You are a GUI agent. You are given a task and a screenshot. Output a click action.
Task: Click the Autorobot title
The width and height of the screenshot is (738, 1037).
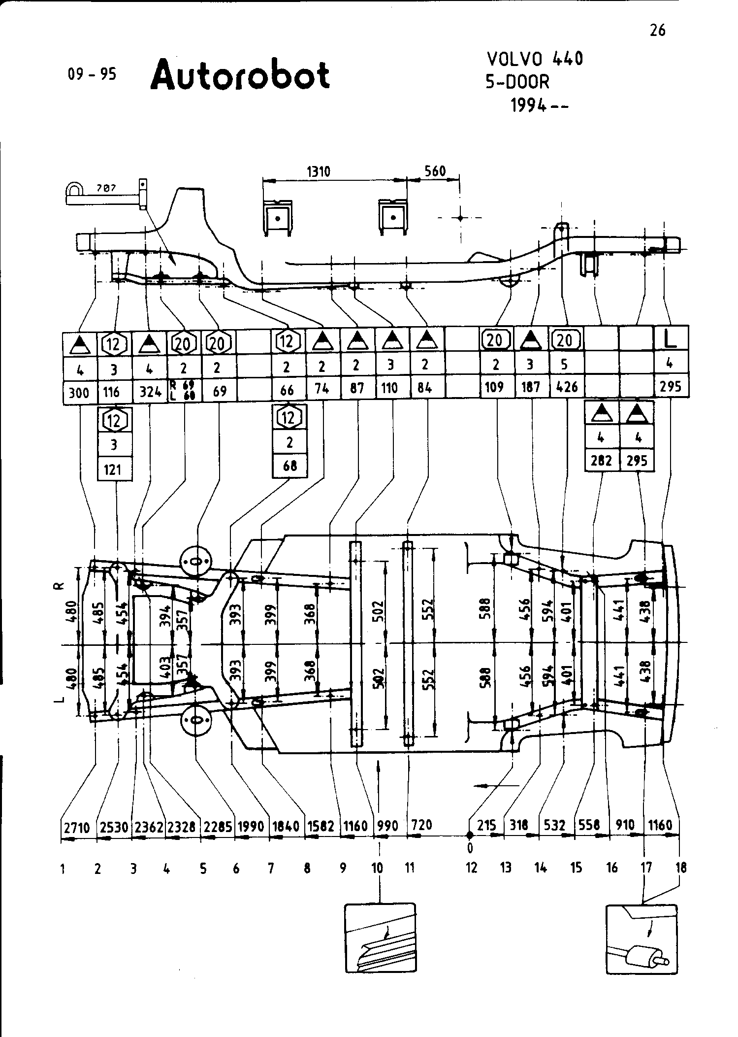coord(240,75)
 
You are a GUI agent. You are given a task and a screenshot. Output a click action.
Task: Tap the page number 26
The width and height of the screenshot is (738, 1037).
coord(657,31)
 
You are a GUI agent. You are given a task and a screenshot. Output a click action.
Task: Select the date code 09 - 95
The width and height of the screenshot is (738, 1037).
coord(92,74)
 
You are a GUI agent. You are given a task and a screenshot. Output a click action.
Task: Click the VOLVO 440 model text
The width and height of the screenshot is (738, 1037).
coord(535,59)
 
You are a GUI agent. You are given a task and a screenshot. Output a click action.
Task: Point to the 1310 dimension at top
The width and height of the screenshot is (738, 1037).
coord(319,171)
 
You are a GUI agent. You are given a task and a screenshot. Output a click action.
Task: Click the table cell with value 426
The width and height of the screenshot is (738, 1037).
coord(566,387)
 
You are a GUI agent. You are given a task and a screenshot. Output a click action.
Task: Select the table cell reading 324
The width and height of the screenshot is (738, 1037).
coord(150,392)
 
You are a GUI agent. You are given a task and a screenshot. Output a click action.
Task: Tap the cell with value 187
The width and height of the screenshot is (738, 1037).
coord(531,387)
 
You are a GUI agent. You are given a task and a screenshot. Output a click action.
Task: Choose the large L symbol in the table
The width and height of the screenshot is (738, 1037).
coord(671,338)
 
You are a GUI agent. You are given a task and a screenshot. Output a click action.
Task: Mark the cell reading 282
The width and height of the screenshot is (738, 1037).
coord(601,461)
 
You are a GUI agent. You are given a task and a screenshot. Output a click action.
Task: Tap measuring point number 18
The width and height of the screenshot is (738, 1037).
coord(681,868)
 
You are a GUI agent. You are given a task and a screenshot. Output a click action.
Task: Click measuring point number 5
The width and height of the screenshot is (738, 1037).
coord(203,870)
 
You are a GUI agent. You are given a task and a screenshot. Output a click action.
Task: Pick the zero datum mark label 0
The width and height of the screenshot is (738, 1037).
coord(470,848)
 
